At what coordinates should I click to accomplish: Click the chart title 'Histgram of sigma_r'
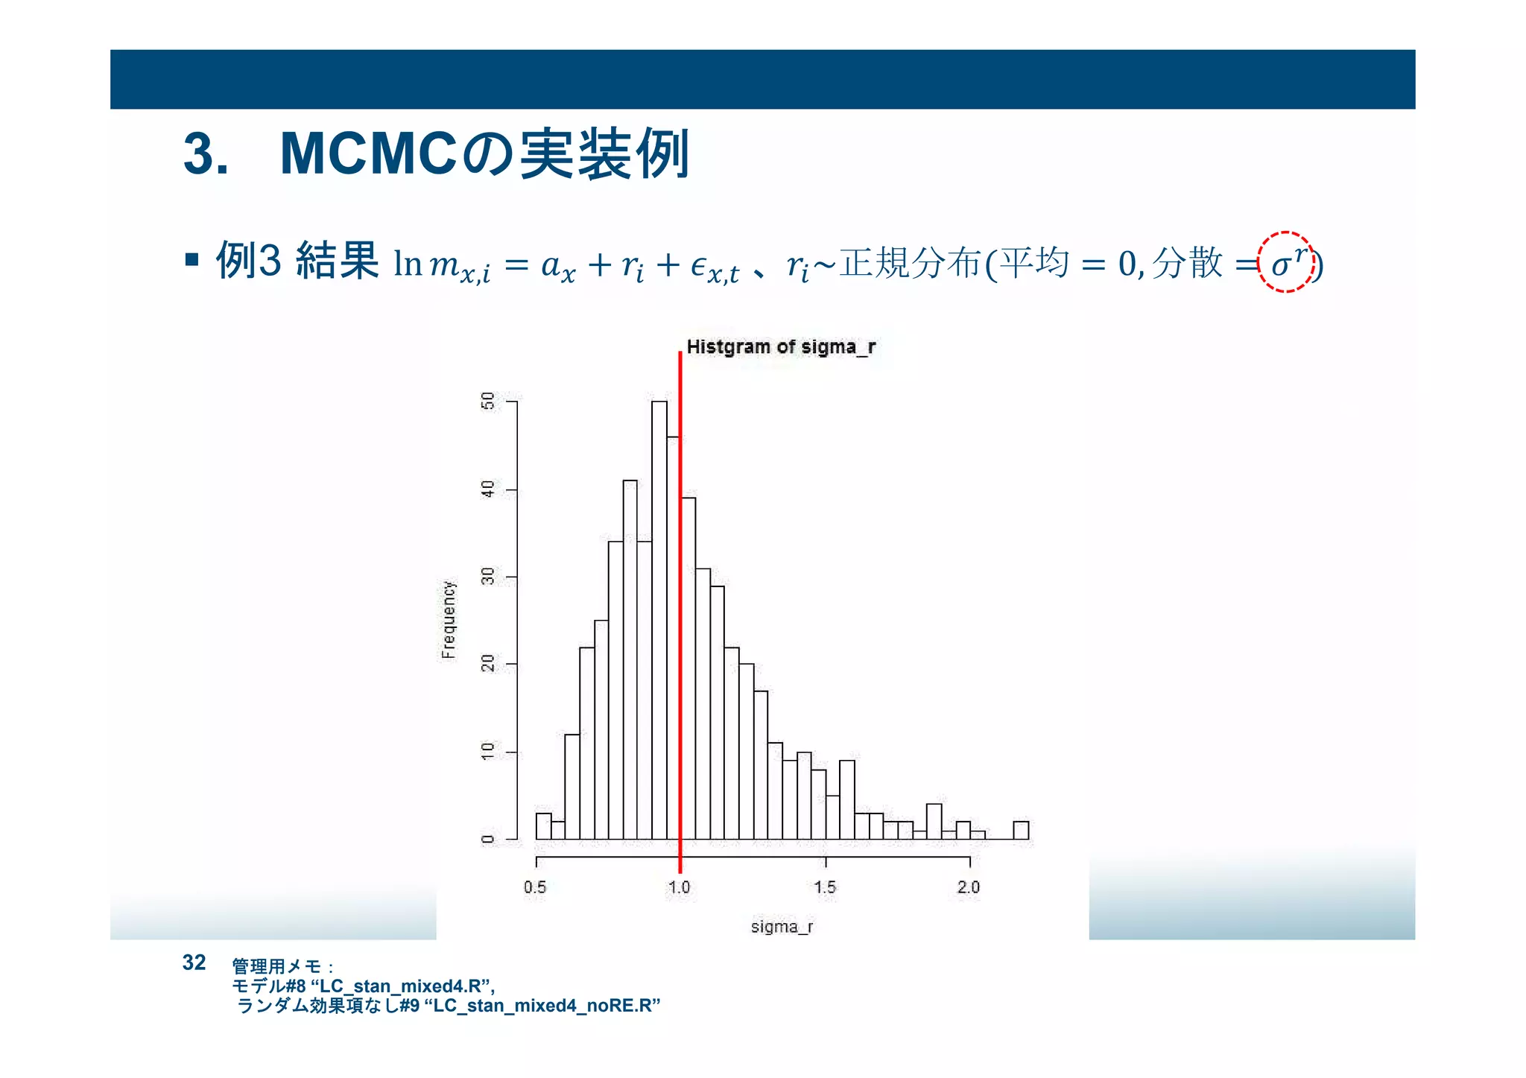click(780, 347)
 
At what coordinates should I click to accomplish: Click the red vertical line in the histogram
click(680, 611)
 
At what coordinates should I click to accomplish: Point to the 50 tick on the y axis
click(488, 402)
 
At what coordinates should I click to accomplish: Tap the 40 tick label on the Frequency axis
click(488, 489)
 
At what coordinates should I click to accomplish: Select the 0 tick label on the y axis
click(488, 840)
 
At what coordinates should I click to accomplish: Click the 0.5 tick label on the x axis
click(535, 887)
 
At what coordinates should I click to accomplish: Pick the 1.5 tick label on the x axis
click(825, 887)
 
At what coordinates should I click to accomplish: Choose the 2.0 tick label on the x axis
click(969, 887)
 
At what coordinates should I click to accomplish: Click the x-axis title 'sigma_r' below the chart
click(782, 927)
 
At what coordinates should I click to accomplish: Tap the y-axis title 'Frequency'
click(448, 620)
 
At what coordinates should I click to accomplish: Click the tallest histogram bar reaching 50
click(659, 618)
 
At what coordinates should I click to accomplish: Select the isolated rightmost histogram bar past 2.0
click(1021, 830)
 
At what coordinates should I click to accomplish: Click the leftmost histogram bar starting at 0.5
click(543, 826)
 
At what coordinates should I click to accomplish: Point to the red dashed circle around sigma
click(1285, 261)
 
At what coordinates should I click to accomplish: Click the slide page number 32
click(194, 963)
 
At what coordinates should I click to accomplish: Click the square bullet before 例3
click(192, 260)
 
